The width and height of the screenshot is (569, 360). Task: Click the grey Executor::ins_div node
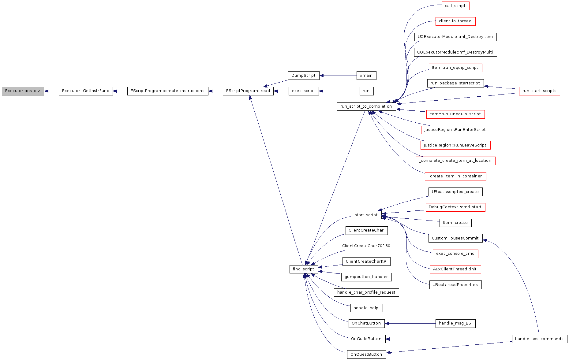(23, 91)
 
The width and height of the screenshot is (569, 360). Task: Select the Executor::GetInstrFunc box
(86, 91)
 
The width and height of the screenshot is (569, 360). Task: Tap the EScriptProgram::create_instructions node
(168, 91)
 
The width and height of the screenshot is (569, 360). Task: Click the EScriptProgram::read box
(248, 91)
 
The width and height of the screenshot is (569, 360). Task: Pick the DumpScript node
(303, 76)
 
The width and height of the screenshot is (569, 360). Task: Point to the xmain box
(366, 76)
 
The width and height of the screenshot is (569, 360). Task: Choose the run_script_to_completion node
(366, 106)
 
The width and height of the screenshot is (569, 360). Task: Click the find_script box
(303, 269)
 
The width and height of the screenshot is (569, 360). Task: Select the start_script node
(366, 215)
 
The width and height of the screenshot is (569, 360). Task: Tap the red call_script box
(455, 6)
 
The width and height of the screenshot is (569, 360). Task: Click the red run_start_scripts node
(540, 91)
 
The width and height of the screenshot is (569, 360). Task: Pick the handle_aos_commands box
(540, 339)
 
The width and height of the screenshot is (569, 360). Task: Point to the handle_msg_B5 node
(455, 323)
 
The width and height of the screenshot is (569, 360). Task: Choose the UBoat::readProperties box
(455, 285)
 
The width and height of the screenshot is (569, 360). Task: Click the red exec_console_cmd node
(455, 254)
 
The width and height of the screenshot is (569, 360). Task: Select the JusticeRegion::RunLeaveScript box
(455, 145)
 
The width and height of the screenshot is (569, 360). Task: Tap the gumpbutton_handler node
(366, 277)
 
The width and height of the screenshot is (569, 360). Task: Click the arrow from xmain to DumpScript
(338, 76)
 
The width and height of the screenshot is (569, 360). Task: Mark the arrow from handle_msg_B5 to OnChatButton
(410, 323)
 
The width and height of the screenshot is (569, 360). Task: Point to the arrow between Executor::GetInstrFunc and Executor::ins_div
(51, 91)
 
